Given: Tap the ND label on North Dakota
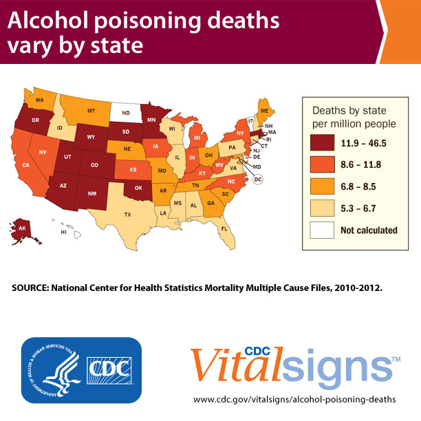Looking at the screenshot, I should [126, 114].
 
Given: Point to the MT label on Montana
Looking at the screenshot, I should [91, 110].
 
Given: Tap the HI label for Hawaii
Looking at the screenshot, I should [64, 233].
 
